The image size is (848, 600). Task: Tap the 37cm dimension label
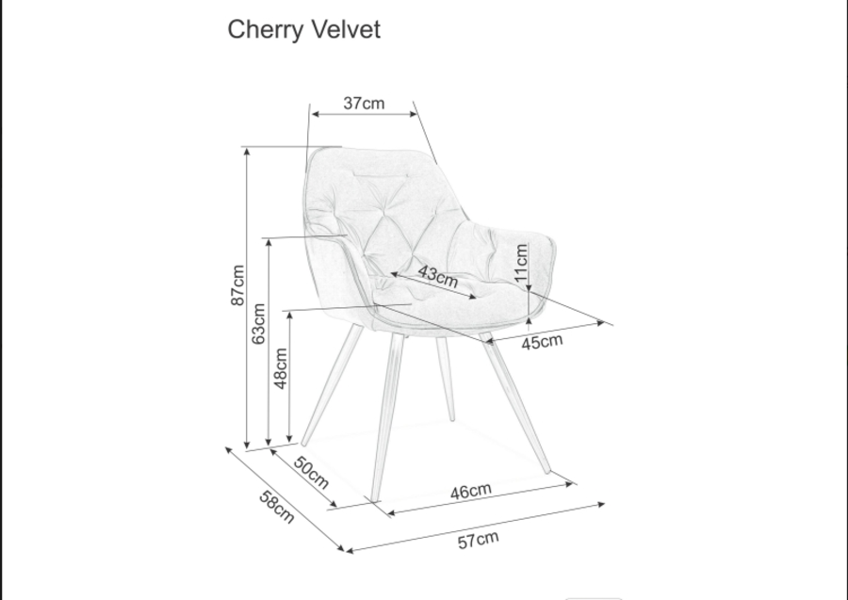coord(364,104)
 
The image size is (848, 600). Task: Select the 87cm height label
coord(237,284)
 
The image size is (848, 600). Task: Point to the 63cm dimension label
coord(258,323)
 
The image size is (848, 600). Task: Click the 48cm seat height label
coord(281,368)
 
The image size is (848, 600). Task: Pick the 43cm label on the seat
coord(438,276)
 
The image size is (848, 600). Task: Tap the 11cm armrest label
coord(521,263)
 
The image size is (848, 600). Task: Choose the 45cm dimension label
coord(542,342)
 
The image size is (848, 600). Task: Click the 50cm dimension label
coord(311,472)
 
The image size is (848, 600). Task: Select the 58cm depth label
coord(277,507)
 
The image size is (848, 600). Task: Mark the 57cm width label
coord(478,540)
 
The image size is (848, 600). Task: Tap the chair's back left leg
coord(332,384)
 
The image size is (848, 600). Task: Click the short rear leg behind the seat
coord(446,379)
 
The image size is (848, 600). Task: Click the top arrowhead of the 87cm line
coord(247,152)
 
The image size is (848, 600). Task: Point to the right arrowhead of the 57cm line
coord(601,505)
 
